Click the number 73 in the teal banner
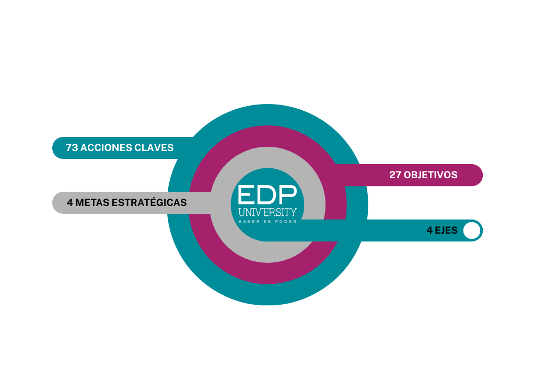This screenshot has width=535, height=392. (72, 148)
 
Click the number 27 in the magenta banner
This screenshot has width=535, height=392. (396, 175)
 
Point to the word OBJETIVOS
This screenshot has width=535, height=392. (431, 175)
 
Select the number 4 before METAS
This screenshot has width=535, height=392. (69, 203)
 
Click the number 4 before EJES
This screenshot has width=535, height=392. (429, 230)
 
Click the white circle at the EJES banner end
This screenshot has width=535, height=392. (471, 230)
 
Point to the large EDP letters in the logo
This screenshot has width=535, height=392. (267, 194)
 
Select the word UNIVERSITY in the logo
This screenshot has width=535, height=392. (267, 212)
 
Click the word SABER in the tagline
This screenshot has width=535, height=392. (249, 222)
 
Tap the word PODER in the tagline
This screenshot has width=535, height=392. (286, 222)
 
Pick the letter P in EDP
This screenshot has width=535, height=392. (288, 194)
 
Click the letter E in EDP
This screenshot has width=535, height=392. (247, 194)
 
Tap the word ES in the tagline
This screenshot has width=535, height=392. (267, 222)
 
